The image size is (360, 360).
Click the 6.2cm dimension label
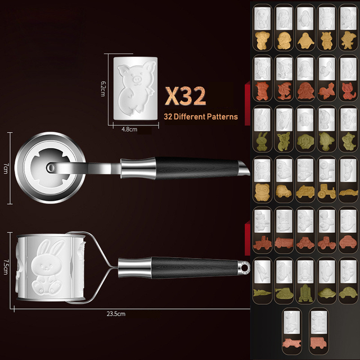103,89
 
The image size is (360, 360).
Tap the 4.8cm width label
129,129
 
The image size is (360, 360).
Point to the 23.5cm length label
116,314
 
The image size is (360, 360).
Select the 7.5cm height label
6,267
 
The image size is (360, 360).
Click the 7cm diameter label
6,168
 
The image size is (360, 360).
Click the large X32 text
185,96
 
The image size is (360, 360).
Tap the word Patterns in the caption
222,116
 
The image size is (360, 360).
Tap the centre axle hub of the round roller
51,168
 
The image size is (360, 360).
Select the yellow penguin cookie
305,40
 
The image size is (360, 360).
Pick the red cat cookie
348,91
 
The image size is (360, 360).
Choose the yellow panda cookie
262,192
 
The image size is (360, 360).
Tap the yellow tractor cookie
327,191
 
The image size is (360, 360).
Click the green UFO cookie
327,293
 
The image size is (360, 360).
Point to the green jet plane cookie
262,292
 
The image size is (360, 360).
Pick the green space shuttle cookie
305,293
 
